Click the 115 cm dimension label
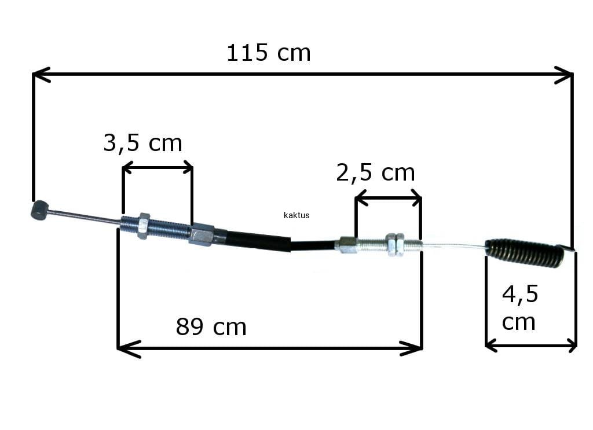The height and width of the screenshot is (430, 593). pyautogui.click(x=269, y=53)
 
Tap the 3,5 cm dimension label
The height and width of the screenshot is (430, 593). pyautogui.click(x=142, y=143)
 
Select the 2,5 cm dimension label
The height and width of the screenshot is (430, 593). pyautogui.click(x=375, y=172)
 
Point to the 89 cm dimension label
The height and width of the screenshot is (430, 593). pyautogui.click(x=211, y=327)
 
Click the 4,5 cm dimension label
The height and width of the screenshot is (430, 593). pyautogui.click(x=520, y=307)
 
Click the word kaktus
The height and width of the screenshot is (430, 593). pyautogui.click(x=296, y=215)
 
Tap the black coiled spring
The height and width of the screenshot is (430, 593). pyautogui.click(x=524, y=252)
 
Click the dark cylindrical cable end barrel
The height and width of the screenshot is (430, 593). pyautogui.click(x=39, y=210)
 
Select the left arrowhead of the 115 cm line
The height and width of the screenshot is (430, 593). pyautogui.click(x=42, y=75)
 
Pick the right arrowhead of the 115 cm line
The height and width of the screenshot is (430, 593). pyautogui.click(x=564, y=75)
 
